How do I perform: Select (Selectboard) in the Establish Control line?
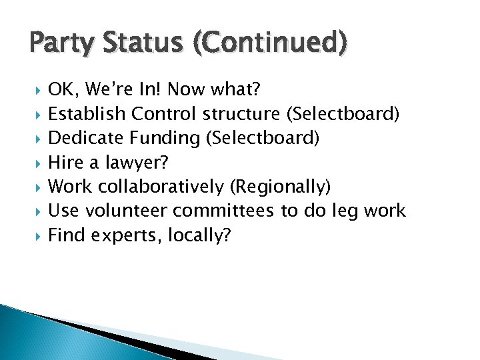343,114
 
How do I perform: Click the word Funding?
166,138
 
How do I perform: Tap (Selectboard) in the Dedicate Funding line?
263,138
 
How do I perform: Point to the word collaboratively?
160,186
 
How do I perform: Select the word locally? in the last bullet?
200,235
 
